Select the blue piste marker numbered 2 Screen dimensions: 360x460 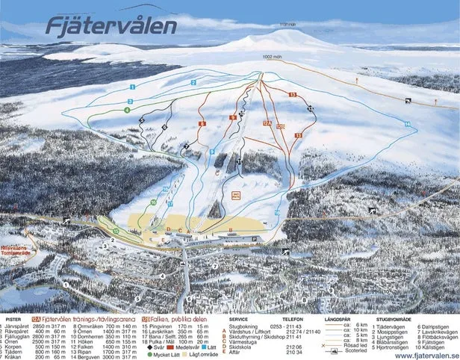click(193, 82)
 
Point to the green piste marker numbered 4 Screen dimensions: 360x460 click(128, 111)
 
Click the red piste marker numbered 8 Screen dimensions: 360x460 click(202, 123)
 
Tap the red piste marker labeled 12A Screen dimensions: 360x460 click(267, 122)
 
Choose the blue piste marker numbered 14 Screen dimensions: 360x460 click(408, 123)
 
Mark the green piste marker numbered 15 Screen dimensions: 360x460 click(116, 232)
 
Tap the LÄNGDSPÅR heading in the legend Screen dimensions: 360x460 click(339, 318)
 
